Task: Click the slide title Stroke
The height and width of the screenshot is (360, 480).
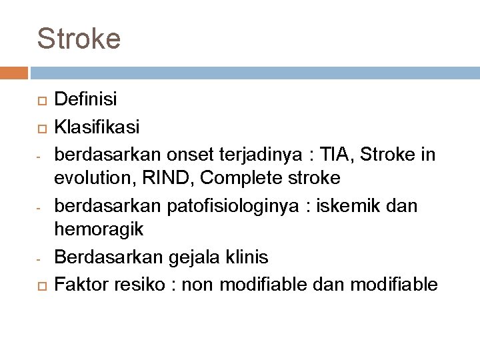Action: coord(79,38)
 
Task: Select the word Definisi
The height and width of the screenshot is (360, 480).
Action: coord(86,100)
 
